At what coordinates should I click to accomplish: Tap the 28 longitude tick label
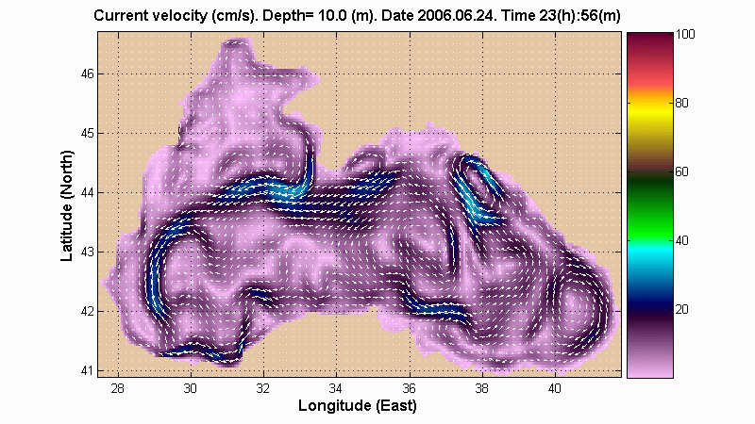tap(118, 387)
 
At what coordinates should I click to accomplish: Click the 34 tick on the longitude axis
tap(336, 387)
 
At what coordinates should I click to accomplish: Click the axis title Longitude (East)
tap(357, 406)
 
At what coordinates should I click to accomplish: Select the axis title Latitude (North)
tap(67, 204)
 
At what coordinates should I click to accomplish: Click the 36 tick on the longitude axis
tap(409, 387)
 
